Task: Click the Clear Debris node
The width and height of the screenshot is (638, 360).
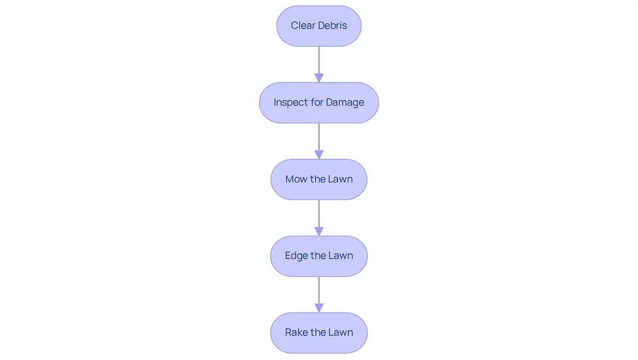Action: [x=319, y=25]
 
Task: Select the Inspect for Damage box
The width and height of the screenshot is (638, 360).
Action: [x=319, y=102]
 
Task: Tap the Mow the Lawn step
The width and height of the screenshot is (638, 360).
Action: [x=319, y=180]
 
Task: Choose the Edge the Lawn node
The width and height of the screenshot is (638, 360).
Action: [x=319, y=256]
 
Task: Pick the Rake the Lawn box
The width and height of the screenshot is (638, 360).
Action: [x=319, y=333]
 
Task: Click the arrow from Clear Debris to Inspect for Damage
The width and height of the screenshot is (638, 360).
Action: [x=319, y=64]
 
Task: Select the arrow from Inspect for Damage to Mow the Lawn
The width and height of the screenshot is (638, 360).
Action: [x=319, y=141]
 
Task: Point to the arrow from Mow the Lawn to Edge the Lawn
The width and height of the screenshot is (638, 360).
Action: [x=319, y=217]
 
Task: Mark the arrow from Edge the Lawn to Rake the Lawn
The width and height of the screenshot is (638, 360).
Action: [x=319, y=294]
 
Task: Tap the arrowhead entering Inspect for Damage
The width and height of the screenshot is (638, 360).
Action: [x=319, y=78]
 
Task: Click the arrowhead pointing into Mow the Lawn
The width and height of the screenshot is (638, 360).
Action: [x=319, y=155]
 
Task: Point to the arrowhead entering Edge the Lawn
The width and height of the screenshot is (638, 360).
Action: [x=319, y=232]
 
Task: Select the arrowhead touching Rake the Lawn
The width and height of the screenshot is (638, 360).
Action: [x=319, y=309]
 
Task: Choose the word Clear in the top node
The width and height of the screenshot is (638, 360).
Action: [x=303, y=25]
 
